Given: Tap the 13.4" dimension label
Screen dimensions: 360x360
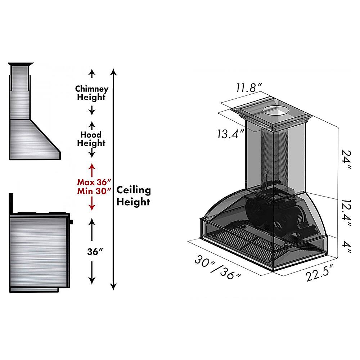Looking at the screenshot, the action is pyautogui.click(x=230, y=134).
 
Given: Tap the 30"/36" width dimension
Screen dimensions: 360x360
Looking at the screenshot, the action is pyautogui.click(x=218, y=267).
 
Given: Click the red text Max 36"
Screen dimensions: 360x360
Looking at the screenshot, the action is pyautogui.click(x=94, y=182).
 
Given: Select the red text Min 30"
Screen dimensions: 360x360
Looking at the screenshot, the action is pyautogui.click(x=94, y=191).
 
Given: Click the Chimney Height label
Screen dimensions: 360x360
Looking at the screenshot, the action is pyautogui.click(x=91, y=93).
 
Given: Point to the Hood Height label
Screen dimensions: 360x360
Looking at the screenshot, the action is pyautogui.click(x=91, y=139).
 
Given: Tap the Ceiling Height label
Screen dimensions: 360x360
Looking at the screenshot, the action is pyautogui.click(x=134, y=196).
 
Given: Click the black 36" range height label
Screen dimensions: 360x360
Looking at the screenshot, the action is pyautogui.click(x=95, y=252).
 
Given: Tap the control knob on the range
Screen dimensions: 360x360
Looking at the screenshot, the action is pyautogui.click(x=71, y=222).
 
